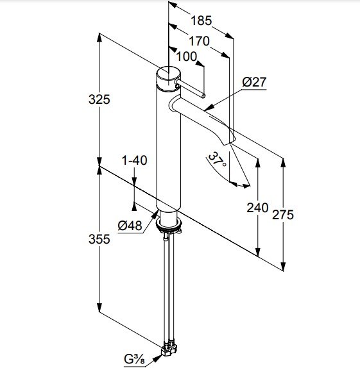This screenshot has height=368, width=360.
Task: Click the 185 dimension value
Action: [201, 21]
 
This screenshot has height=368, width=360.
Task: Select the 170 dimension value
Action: [200, 41]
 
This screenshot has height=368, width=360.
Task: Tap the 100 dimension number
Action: [187, 57]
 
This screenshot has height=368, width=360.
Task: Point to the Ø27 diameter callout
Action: [255, 82]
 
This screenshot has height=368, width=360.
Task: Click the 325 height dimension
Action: [99, 99]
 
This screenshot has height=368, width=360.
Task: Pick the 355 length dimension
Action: [99, 239]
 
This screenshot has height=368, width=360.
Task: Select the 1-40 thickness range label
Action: [134, 160]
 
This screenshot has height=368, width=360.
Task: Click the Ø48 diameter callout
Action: [130, 226]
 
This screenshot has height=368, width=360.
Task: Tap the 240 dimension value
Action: [257, 208]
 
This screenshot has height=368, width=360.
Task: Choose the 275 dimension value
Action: [283, 215]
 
